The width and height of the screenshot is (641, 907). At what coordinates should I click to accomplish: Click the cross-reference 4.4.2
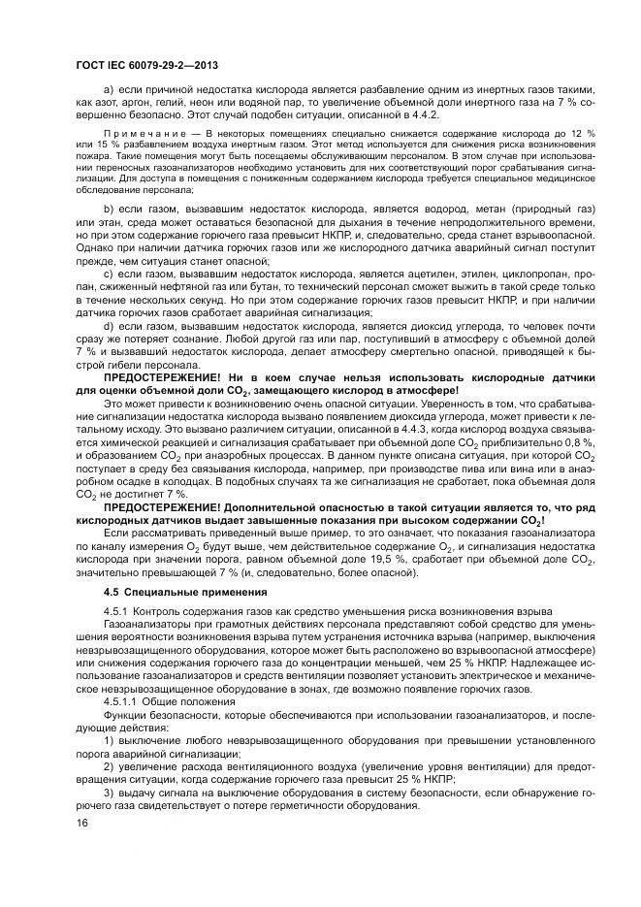coord(425,113)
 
